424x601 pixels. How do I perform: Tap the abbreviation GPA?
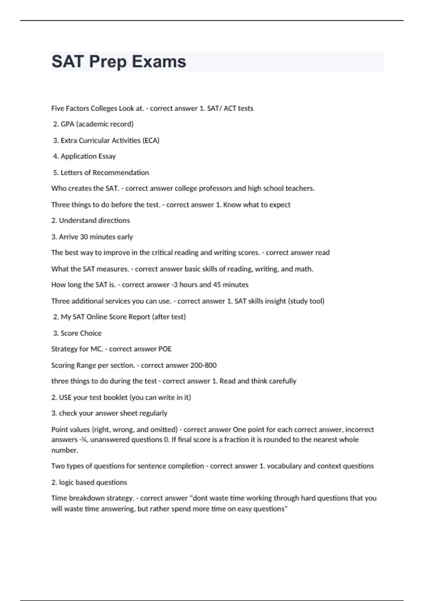click(x=67, y=124)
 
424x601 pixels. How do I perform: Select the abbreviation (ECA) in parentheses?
click(x=151, y=140)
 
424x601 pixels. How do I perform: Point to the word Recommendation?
click(x=120, y=173)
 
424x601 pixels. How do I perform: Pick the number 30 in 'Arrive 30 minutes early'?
click(x=84, y=237)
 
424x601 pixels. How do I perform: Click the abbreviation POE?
click(x=165, y=349)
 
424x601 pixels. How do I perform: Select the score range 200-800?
click(x=203, y=365)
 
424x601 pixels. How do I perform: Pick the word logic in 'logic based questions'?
click(x=66, y=482)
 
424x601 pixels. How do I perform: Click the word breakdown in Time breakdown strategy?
click(x=86, y=498)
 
